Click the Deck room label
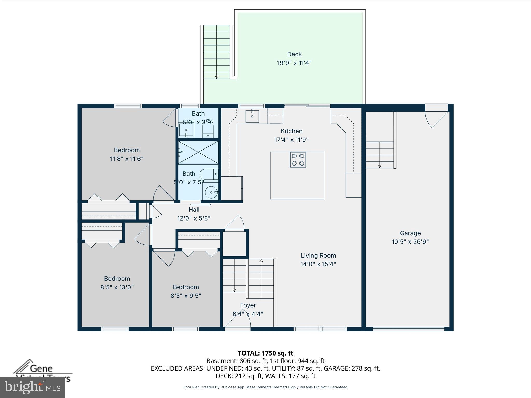[294, 54]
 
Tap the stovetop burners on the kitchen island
[298, 160]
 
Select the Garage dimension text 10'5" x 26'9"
[410, 242]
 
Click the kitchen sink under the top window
[252, 116]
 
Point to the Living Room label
[318, 255]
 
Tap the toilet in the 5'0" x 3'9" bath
[208, 129]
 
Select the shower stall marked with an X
[198, 152]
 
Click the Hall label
[194, 210]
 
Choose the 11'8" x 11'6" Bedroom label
[127, 150]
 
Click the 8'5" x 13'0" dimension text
[117, 287]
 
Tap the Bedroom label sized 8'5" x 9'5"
[186, 287]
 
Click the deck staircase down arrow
[216, 77]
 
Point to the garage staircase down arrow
[380, 166]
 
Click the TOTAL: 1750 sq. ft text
[265, 353]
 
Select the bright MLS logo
[32, 387]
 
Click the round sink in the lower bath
[211, 192]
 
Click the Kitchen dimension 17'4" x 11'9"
[291, 140]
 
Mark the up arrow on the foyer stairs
[261, 260]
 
